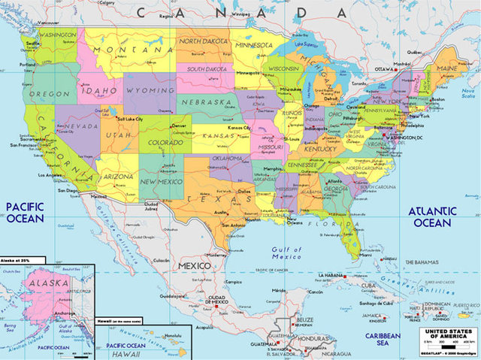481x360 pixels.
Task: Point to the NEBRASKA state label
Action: (x=205, y=101)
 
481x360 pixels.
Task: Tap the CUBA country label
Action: (x=368, y=285)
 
